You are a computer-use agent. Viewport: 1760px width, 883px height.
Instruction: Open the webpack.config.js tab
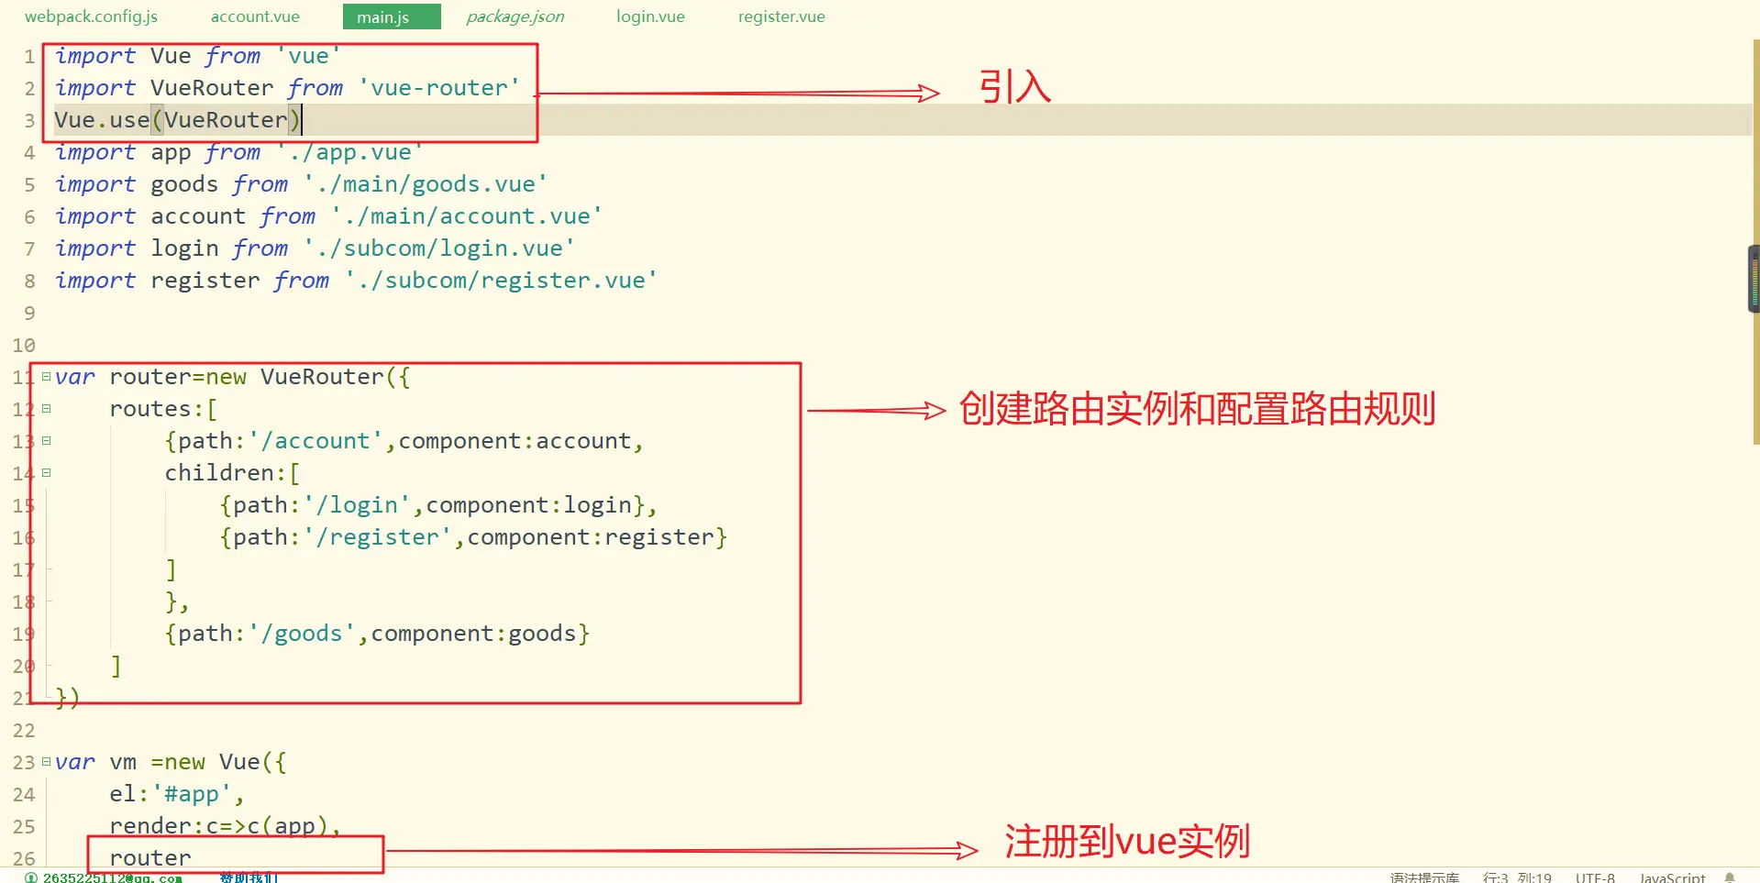pos(91,17)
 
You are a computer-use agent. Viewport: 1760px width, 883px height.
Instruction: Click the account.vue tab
pos(255,17)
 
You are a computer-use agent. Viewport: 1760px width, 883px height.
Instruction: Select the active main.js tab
pos(383,17)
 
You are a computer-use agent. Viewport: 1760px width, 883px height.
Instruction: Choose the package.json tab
pos(515,17)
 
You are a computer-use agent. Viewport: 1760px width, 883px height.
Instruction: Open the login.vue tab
pos(650,17)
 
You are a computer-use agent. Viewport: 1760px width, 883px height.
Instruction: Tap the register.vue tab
pos(781,17)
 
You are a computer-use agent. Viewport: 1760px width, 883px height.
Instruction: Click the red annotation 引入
pos(1015,87)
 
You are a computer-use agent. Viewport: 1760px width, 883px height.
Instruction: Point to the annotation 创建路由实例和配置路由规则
pos(1197,409)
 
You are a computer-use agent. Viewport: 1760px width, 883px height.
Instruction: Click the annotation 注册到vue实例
pos(1127,842)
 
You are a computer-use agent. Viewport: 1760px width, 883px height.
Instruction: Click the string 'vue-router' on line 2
pos(439,88)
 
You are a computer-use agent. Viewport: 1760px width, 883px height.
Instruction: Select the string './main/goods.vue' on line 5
pos(426,184)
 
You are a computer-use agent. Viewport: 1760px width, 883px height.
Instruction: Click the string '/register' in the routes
pos(383,537)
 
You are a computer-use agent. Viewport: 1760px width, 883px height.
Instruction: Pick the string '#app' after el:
pos(192,794)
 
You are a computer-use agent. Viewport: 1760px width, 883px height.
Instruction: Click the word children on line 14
pos(219,473)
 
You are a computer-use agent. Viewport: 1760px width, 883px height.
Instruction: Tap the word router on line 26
pos(150,857)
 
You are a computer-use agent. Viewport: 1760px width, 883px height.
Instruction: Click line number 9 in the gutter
pos(29,314)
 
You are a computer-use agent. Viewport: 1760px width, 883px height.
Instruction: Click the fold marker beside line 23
pos(46,762)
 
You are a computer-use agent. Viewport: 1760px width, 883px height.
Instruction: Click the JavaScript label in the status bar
pos(1672,877)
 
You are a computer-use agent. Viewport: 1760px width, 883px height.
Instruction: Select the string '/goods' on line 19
pos(302,634)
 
